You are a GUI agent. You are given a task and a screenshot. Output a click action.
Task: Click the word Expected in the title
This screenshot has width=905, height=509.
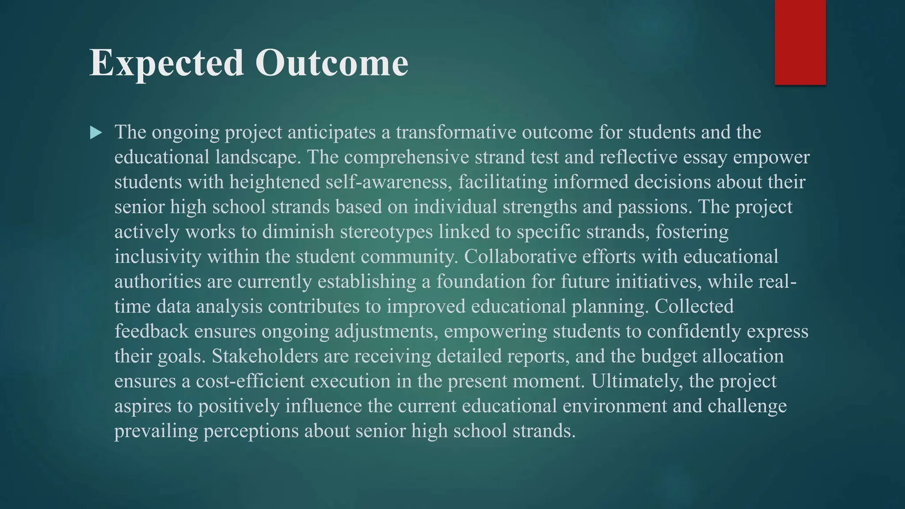pyautogui.click(x=166, y=63)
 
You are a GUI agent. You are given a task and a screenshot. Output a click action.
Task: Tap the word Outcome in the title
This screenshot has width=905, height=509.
pyautogui.click(x=331, y=63)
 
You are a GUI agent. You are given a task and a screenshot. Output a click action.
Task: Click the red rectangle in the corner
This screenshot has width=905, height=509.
pyautogui.click(x=800, y=42)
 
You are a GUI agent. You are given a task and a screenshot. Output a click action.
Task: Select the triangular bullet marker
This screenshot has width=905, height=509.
pyautogui.click(x=95, y=133)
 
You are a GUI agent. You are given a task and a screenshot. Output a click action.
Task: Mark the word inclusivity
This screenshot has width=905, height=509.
pyautogui.click(x=158, y=257)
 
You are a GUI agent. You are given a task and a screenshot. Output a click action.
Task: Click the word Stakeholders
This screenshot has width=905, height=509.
pyautogui.click(x=265, y=356)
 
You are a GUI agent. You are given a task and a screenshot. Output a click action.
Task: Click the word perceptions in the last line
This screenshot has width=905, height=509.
pyautogui.click(x=251, y=431)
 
